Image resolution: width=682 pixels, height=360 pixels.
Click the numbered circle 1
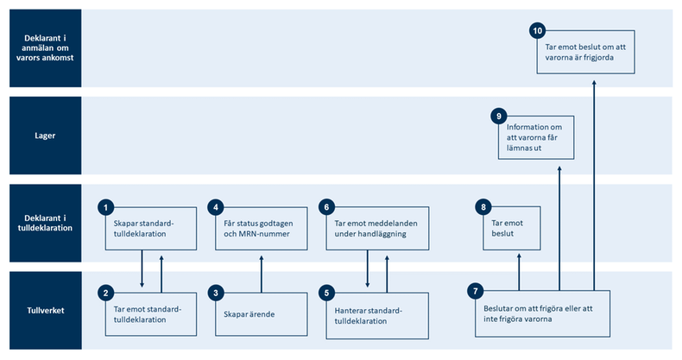(x=105, y=207)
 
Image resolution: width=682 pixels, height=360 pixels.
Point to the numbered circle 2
(x=105, y=294)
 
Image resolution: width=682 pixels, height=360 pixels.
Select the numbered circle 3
(x=216, y=294)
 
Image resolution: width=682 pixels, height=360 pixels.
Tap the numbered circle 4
(x=216, y=207)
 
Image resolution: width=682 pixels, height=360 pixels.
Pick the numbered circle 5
(x=326, y=294)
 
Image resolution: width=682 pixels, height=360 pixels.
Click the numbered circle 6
(x=326, y=207)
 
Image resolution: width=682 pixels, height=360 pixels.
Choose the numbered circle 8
(x=483, y=207)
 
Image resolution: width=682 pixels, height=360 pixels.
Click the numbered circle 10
(x=537, y=31)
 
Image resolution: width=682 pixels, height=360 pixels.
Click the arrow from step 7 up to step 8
(x=518, y=271)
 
